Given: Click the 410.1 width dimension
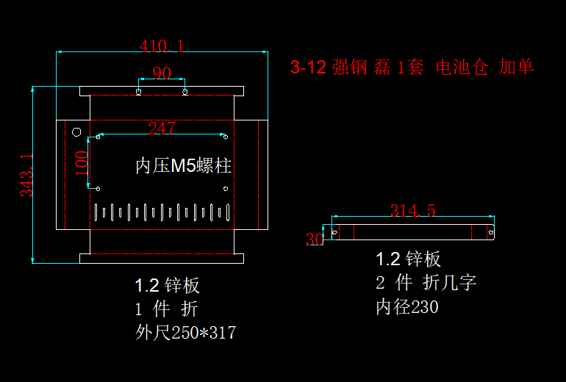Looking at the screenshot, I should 162,46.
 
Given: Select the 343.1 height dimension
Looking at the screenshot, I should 26,175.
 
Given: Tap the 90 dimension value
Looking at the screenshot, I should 162,73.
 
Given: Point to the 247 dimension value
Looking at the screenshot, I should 162,129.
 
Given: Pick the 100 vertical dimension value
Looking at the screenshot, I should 82,162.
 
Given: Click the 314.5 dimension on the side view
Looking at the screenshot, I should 412,211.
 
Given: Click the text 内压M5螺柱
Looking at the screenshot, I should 184,166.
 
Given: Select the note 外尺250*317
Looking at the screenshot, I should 185,333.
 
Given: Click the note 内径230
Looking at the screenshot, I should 406,306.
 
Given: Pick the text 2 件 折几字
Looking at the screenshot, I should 426,283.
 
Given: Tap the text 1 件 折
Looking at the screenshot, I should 166,309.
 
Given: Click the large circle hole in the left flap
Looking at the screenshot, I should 76,132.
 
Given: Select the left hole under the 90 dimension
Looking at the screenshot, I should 139,92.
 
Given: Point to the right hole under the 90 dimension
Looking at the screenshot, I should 185,92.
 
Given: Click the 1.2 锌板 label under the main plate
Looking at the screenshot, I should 167,285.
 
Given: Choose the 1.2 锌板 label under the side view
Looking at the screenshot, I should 408,259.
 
